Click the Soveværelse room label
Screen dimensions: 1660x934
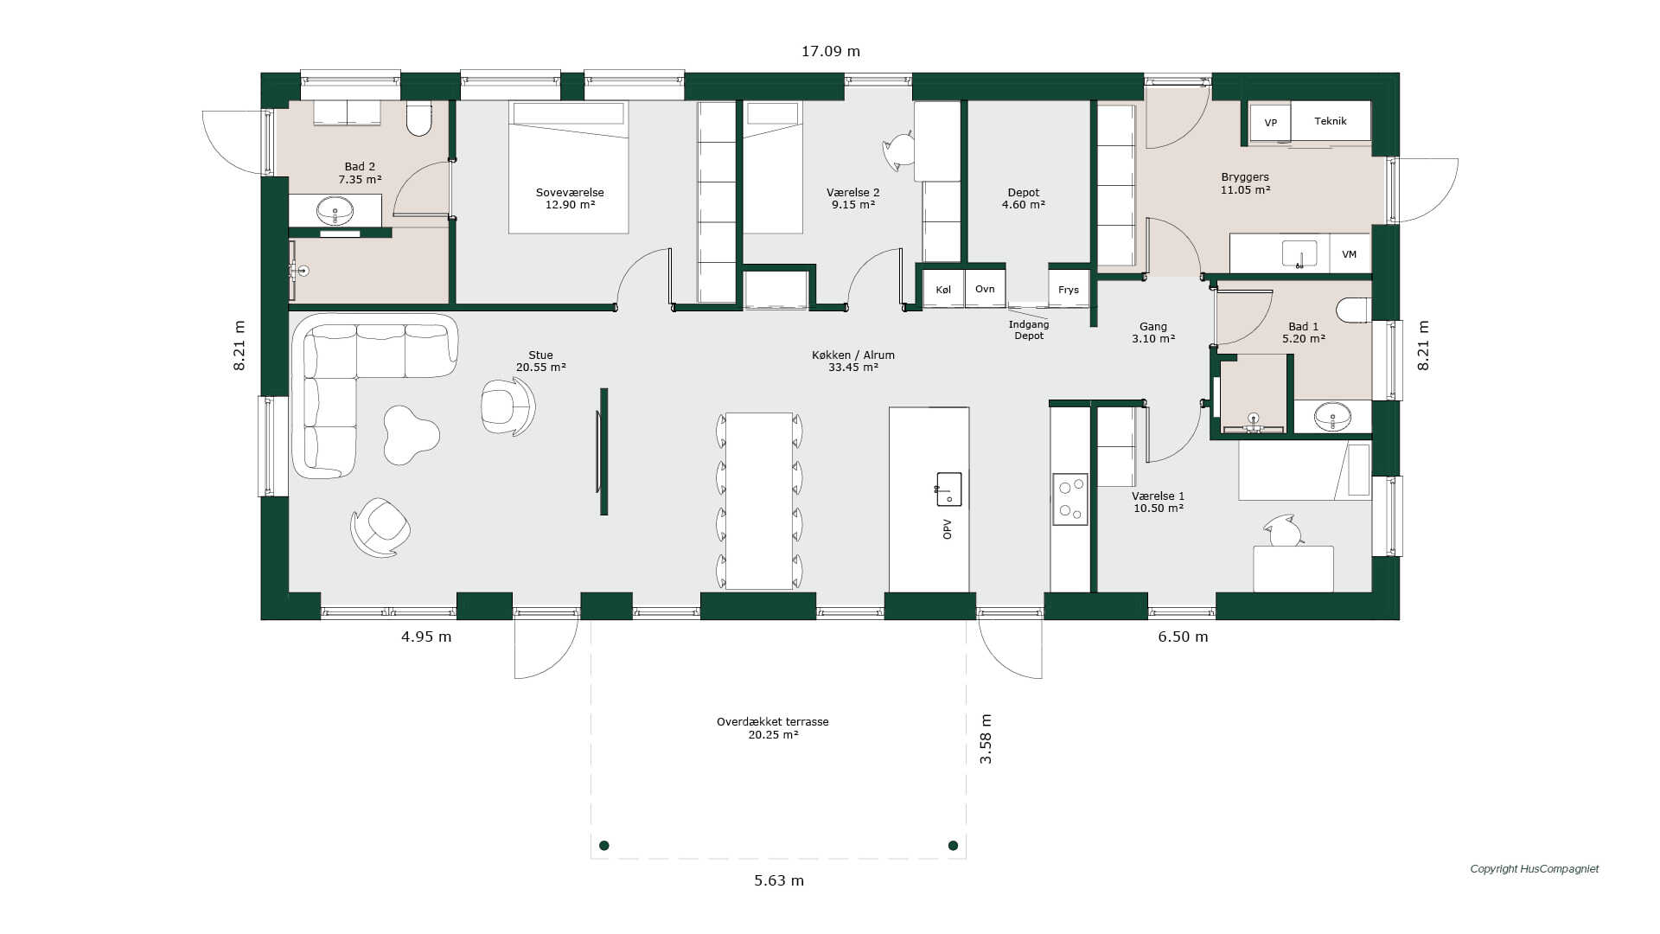570,193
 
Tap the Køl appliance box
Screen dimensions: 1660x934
943,290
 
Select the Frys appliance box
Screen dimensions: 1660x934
1069,290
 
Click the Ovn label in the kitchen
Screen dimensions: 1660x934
985,289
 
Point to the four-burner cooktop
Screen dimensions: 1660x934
1070,499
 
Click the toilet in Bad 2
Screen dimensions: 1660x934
419,118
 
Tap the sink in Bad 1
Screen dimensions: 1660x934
1332,417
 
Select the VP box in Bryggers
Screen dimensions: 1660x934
1270,122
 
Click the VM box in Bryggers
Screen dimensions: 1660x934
1350,254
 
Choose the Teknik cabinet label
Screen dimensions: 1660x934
1331,121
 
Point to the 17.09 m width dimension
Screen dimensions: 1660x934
831,51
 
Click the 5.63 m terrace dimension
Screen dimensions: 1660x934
779,880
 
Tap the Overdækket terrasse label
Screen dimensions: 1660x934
773,721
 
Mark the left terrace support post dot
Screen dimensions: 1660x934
604,845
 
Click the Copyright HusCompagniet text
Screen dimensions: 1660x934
1535,869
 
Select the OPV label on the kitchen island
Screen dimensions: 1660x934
948,529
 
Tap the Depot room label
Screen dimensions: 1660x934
1024,193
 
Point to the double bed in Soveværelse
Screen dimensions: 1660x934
568,167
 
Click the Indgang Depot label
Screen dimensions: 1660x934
1029,330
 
